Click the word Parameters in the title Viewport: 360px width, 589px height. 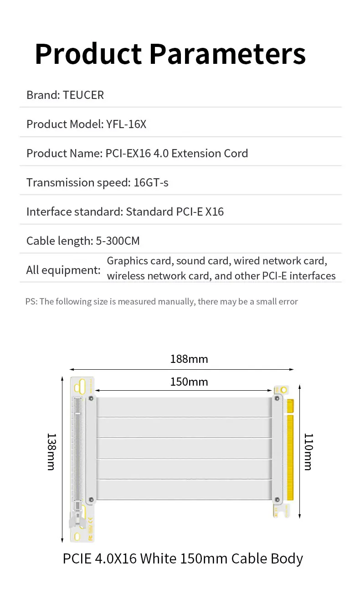click(x=227, y=54)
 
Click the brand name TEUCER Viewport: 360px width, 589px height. click(x=83, y=95)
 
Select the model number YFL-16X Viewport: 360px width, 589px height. click(x=126, y=124)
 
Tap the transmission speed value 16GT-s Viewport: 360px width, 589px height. click(x=151, y=182)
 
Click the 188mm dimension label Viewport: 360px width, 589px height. click(x=189, y=359)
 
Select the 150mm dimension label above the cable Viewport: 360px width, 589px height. click(x=189, y=382)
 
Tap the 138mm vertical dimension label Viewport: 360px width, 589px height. click(x=51, y=451)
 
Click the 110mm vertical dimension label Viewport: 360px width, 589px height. click(x=308, y=451)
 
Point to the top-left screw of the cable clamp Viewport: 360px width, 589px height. click(x=91, y=398)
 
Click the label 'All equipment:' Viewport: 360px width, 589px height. click(x=63, y=270)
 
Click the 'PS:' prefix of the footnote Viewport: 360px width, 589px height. click(x=31, y=301)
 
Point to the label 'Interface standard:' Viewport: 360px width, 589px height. click(x=74, y=212)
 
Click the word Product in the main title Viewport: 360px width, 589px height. click(x=88, y=54)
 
